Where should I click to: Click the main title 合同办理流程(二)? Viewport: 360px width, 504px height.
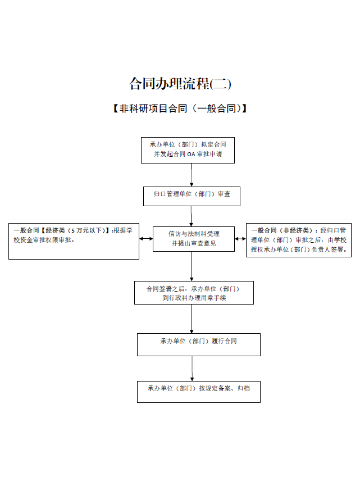click(x=180, y=84)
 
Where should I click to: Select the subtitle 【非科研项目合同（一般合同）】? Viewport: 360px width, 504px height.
click(x=180, y=108)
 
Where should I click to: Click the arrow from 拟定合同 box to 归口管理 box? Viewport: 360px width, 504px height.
click(x=192, y=175)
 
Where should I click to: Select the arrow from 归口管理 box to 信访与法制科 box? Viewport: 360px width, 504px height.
click(x=192, y=216)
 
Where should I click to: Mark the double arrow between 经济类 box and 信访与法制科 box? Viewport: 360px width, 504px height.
click(x=146, y=239)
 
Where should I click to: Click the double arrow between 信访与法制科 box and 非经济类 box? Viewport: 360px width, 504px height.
click(x=240, y=239)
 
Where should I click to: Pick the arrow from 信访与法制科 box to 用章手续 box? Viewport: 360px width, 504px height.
click(x=192, y=266)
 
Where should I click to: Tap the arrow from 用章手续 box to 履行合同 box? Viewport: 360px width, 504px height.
click(x=192, y=319)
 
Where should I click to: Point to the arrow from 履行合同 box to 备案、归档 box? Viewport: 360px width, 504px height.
click(x=192, y=369)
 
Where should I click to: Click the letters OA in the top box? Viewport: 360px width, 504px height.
click(x=191, y=155)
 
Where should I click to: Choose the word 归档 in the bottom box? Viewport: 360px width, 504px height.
click(x=244, y=388)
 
